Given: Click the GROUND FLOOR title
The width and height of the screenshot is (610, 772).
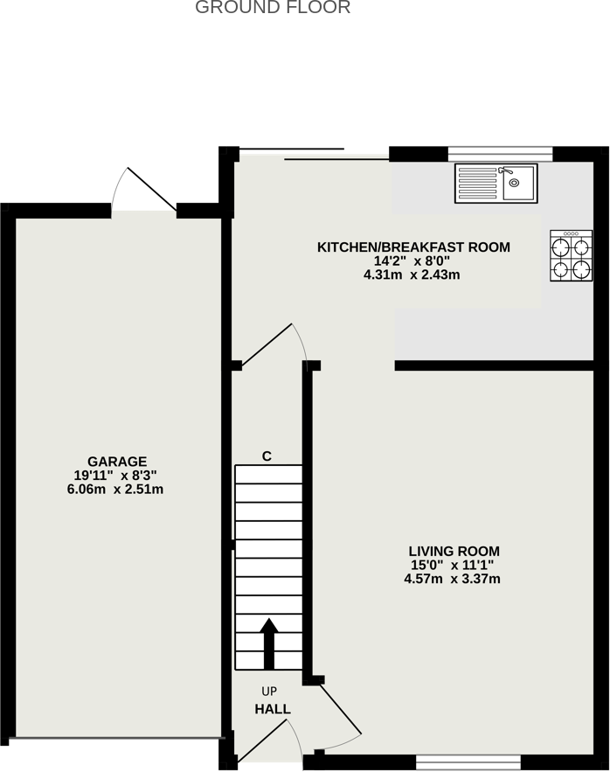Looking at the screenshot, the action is (273, 7).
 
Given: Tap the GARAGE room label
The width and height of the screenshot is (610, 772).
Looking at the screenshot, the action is (117, 462).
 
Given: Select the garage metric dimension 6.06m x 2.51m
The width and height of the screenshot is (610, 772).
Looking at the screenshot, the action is (115, 490).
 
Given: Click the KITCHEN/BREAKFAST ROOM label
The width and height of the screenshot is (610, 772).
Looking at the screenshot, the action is (413, 247).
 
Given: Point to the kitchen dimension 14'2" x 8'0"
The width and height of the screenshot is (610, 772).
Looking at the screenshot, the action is (412, 261).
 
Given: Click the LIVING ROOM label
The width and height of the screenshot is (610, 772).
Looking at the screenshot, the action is (454, 551).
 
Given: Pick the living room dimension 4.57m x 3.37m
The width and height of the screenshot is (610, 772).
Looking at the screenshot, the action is (452, 579).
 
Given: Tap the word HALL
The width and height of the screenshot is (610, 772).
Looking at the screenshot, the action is (273, 709).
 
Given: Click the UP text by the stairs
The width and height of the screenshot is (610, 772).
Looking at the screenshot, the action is (269, 692).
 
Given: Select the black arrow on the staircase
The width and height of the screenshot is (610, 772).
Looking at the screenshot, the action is (269, 643).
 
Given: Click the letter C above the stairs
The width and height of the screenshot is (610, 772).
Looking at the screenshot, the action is (267, 456).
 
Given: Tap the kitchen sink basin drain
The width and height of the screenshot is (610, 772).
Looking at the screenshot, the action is (514, 183).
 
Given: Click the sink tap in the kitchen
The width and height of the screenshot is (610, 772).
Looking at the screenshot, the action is (505, 170).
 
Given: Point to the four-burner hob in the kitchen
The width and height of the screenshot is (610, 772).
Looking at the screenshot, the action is (571, 255).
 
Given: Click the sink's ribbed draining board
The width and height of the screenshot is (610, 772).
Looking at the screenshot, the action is (477, 183).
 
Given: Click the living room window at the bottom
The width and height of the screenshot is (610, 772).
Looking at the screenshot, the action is (468, 762).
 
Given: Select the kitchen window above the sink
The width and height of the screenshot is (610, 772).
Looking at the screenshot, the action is (500, 154).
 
